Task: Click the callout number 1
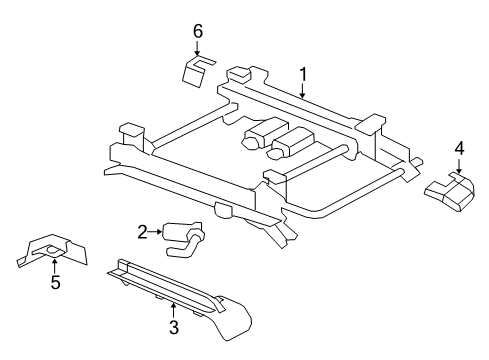coord(303,74)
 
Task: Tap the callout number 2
coord(142,232)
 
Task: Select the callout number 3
coord(174,327)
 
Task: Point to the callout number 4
coord(459,148)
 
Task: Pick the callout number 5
coord(55,282)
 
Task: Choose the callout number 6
coord(198,31)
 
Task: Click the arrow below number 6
coord(197,48)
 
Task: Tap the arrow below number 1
coord(302,90)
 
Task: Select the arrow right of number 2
coord(156,232)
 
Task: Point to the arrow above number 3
coord(173,311)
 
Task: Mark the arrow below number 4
coord(459,166)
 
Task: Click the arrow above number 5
coord(54,266)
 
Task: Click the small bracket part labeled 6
coord(197,71)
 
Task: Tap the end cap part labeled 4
coord(450,192)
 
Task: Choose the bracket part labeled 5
coord(52,250)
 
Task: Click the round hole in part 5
coord(53,250)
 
